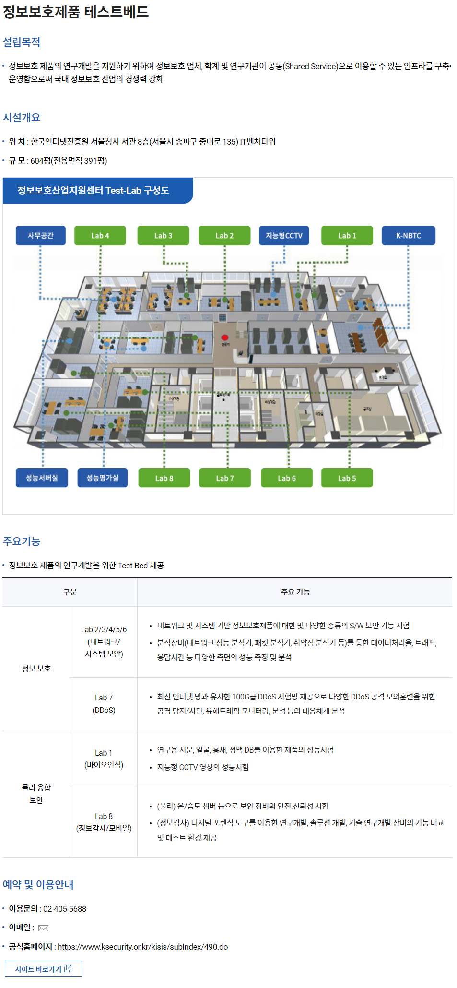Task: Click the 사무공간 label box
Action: (41, 236)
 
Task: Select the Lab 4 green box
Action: (100, 236)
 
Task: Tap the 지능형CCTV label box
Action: (284, 236)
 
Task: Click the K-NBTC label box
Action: (409, 236)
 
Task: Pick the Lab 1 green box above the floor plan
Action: (347, 236)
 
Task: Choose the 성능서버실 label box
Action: (42, 478)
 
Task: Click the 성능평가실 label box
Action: (103, 478)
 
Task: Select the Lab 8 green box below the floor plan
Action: (164, 478)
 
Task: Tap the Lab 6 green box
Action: (287, 478)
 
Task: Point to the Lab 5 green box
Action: (347, 478)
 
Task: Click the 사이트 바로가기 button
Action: (43, 969)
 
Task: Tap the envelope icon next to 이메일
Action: (43, 928)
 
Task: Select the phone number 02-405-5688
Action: (65, 909)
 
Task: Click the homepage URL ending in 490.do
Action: (142, 947)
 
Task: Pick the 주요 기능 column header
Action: (295, 592)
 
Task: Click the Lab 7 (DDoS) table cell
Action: (104, 704)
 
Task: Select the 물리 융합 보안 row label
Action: (36, 794)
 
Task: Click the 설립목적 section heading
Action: (22, 42)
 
